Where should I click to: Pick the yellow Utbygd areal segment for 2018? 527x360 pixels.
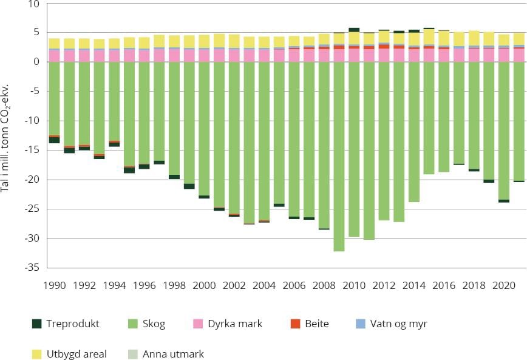(x=474, y=38)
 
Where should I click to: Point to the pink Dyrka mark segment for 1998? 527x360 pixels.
(x=174, y=55)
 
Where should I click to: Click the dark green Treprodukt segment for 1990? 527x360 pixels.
(x=54, y=140)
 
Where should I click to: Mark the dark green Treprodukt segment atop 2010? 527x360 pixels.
(x=354, y=30)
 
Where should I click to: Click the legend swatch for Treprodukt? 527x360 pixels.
(x=36, y=324)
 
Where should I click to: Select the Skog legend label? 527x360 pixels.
(x=154, y=324)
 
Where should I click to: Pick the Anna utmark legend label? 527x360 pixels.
(x=173, y=354)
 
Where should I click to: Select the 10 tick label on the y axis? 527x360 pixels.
(x=34, y=4)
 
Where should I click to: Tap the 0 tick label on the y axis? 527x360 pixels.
(x=37, y=62)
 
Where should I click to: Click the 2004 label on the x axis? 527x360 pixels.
(x=264, y=285)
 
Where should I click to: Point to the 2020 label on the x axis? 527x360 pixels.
(x=503, y=285)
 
